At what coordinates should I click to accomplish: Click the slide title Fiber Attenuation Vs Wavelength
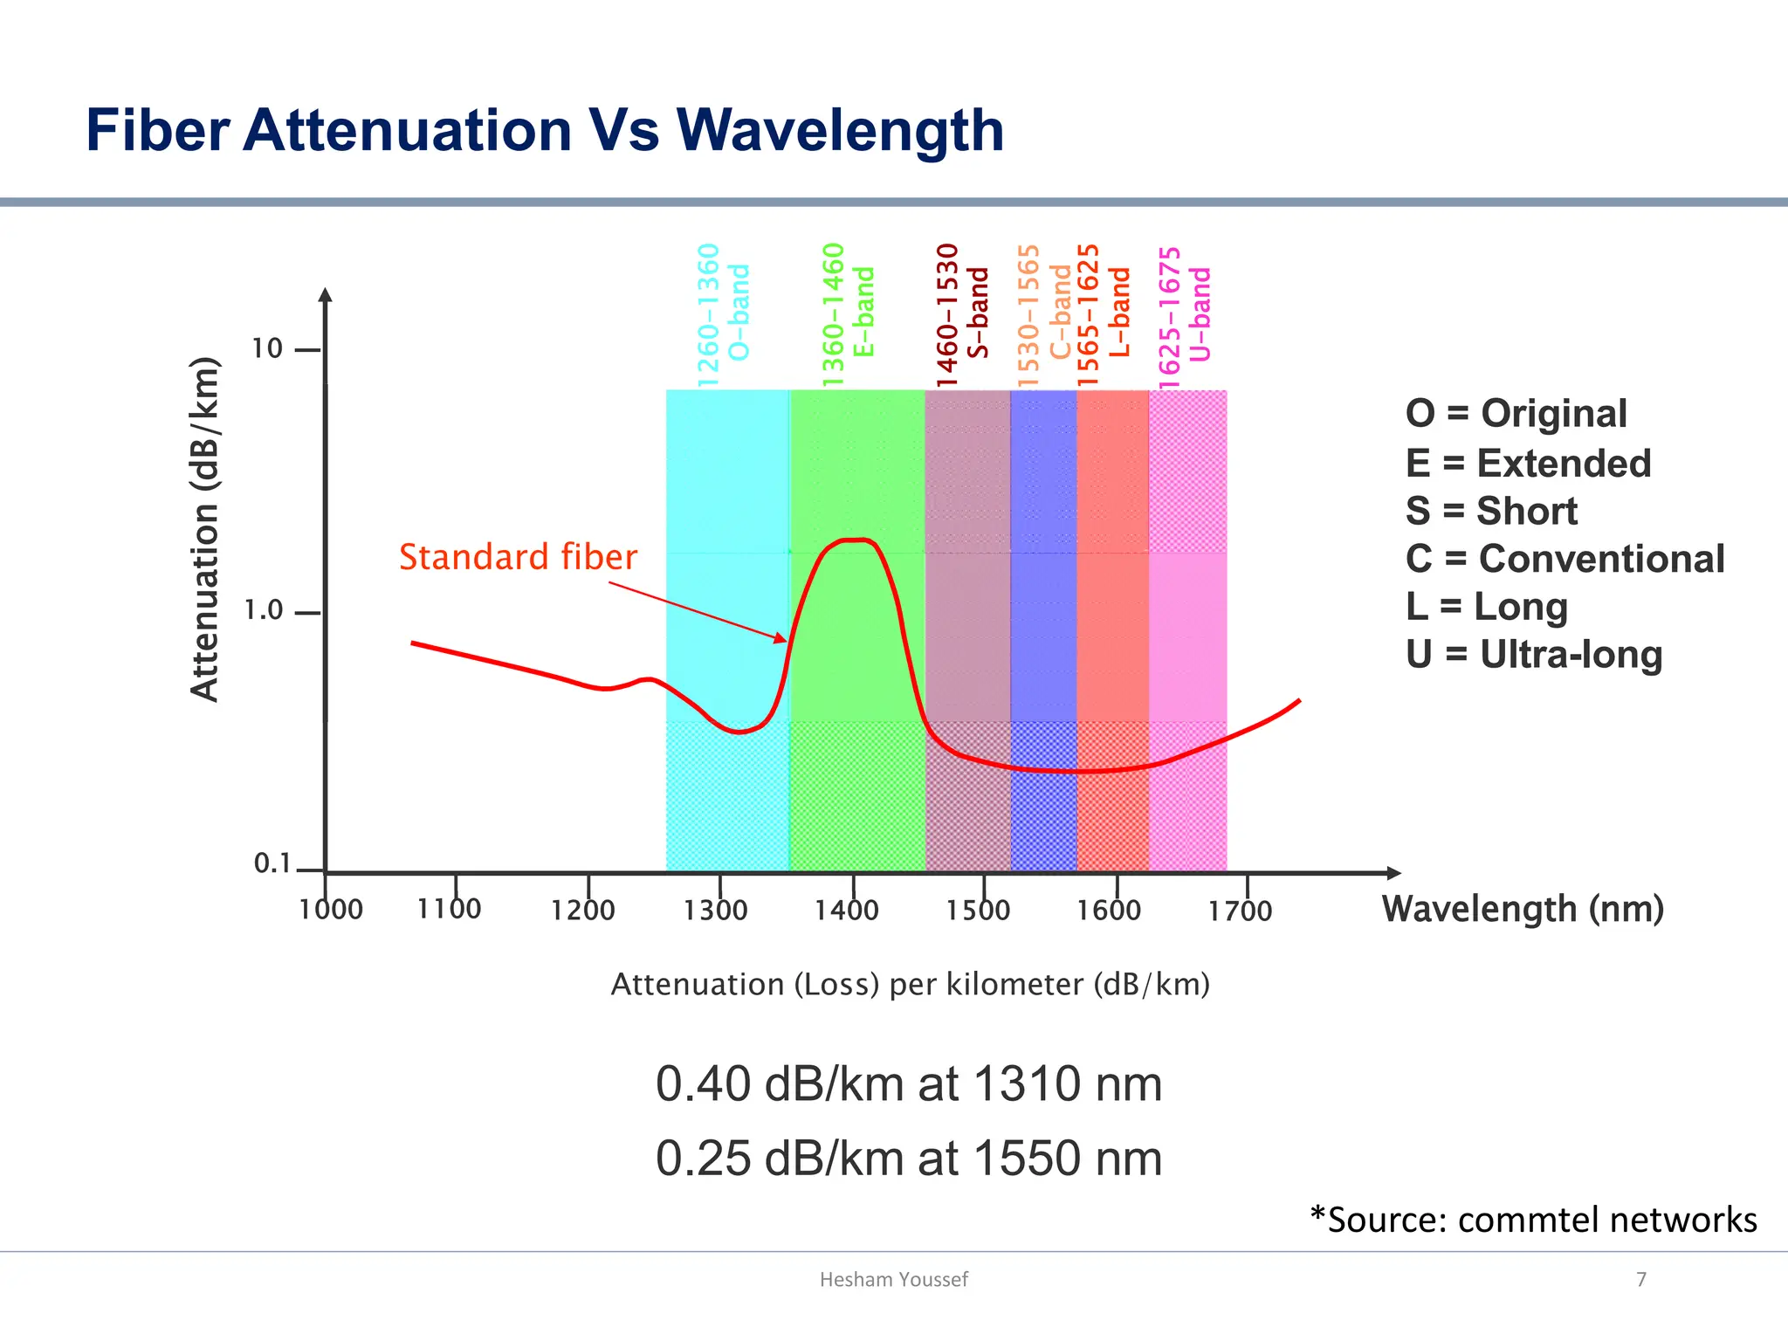545,131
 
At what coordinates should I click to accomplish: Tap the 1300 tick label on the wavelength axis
715,911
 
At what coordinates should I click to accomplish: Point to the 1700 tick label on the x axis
1240,911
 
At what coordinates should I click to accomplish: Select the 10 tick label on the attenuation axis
267,348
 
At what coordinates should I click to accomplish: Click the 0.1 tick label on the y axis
272,863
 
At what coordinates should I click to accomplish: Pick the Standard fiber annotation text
518,557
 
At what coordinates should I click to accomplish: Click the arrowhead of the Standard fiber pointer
781,639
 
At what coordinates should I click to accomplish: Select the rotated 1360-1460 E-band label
848,314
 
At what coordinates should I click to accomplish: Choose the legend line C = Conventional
1564,559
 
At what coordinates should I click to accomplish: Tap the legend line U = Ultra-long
1534,655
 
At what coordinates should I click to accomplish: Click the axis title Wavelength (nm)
1523,909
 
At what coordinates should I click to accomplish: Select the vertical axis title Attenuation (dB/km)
204,530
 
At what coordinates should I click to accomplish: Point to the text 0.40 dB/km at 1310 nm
909,1084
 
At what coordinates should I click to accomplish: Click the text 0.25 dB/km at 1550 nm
909,1159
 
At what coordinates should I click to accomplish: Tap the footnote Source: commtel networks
1534,1220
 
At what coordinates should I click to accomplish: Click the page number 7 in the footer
1641,1280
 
